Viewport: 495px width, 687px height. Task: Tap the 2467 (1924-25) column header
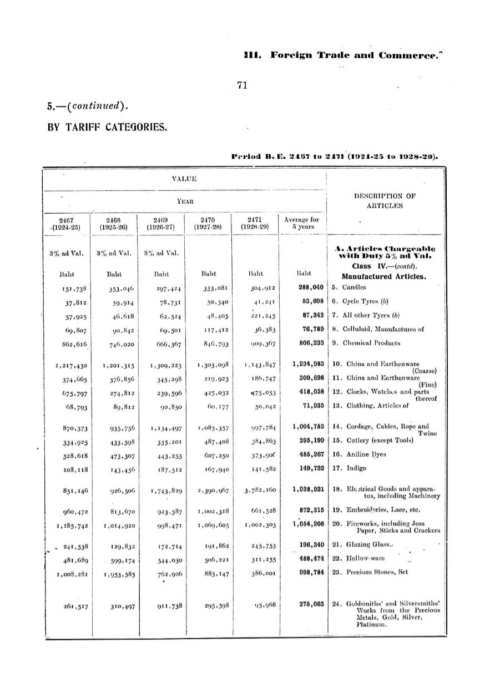point(68,223)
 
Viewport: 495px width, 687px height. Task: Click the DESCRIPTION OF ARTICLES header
point(385,200)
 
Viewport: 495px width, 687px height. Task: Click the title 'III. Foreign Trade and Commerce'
point(341,55)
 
